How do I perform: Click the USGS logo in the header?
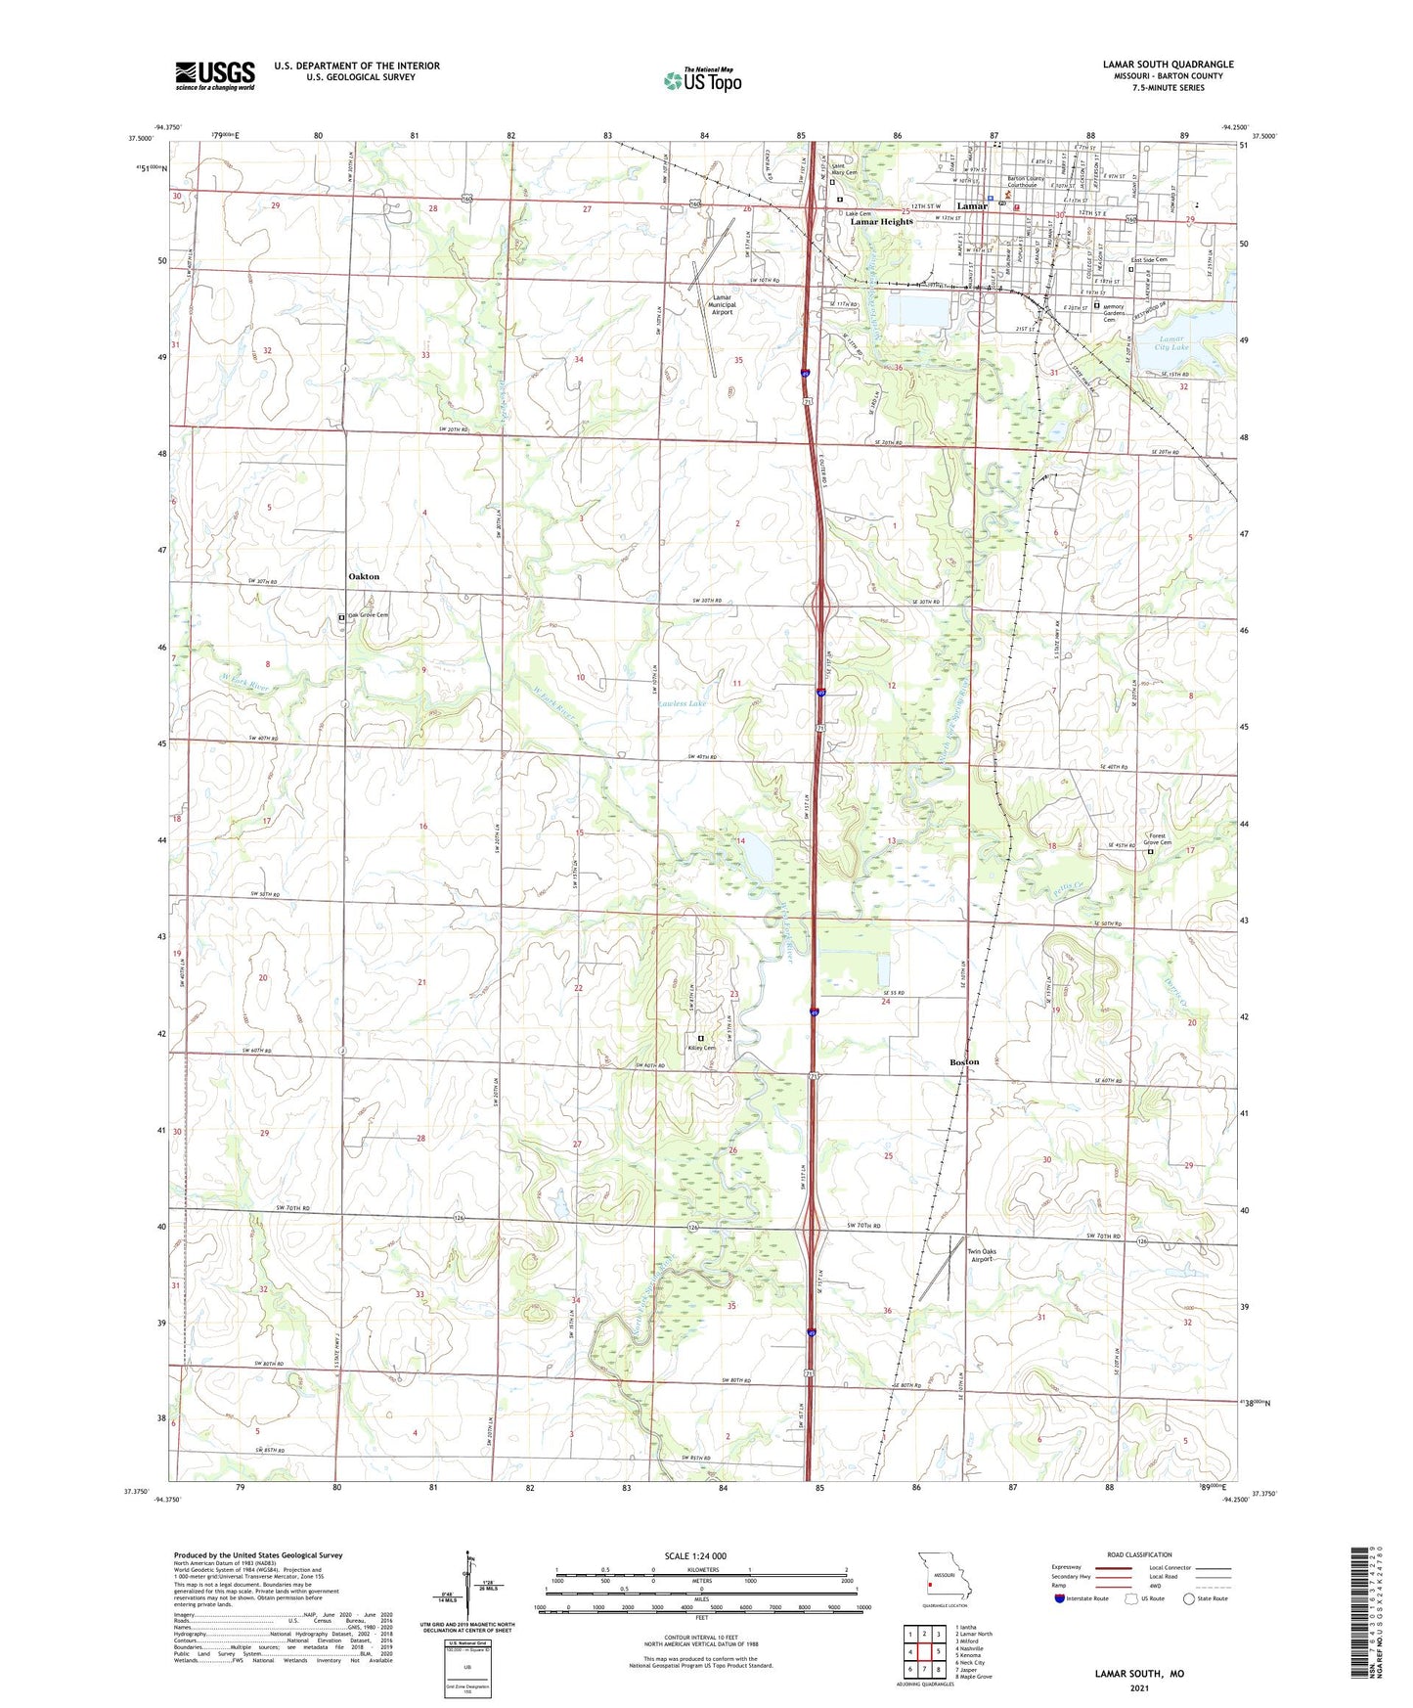215,75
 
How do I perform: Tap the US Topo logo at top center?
702,80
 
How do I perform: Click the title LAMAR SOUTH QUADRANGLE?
1168,65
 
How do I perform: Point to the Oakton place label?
364,577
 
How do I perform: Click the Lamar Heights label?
881,222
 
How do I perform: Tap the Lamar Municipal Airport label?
722,304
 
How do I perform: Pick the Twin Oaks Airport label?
982,1255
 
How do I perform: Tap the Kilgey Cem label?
702,1048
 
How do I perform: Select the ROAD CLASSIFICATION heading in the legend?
1139,1554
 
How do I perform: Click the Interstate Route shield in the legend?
1060,1598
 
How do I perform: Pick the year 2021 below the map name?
1139,1688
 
